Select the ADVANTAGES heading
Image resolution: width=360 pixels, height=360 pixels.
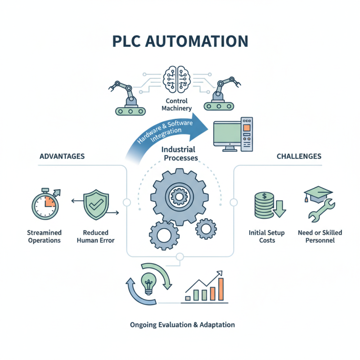click(63, 156)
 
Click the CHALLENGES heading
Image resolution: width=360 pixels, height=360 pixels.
click(299, 156)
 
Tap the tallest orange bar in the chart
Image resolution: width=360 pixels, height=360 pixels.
click(220, 288)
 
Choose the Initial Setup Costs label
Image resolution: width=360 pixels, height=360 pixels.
click(265, 236)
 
